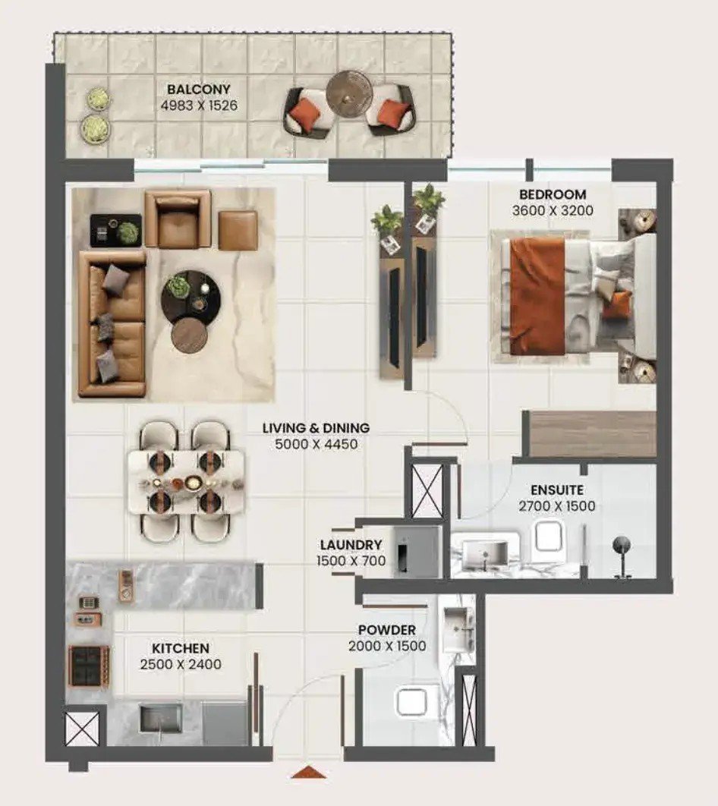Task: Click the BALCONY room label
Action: point(198,89)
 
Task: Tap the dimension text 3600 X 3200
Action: point(553,210)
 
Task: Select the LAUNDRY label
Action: point(351,544)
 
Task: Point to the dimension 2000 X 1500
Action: point(387,646)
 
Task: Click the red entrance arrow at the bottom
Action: point(308,772)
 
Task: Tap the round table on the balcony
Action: point(349,91)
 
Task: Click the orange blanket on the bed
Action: point(537,296)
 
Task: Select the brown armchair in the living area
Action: point(178,219)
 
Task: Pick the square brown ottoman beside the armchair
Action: point(238,231)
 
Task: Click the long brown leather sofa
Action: point(112,324)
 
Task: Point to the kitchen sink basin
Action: point(161,717)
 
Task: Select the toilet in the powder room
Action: point(411,702)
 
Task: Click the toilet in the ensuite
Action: point(549,536)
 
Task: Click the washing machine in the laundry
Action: point(418,552)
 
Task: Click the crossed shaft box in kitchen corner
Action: point(82,729)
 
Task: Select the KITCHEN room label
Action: point(181,648)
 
